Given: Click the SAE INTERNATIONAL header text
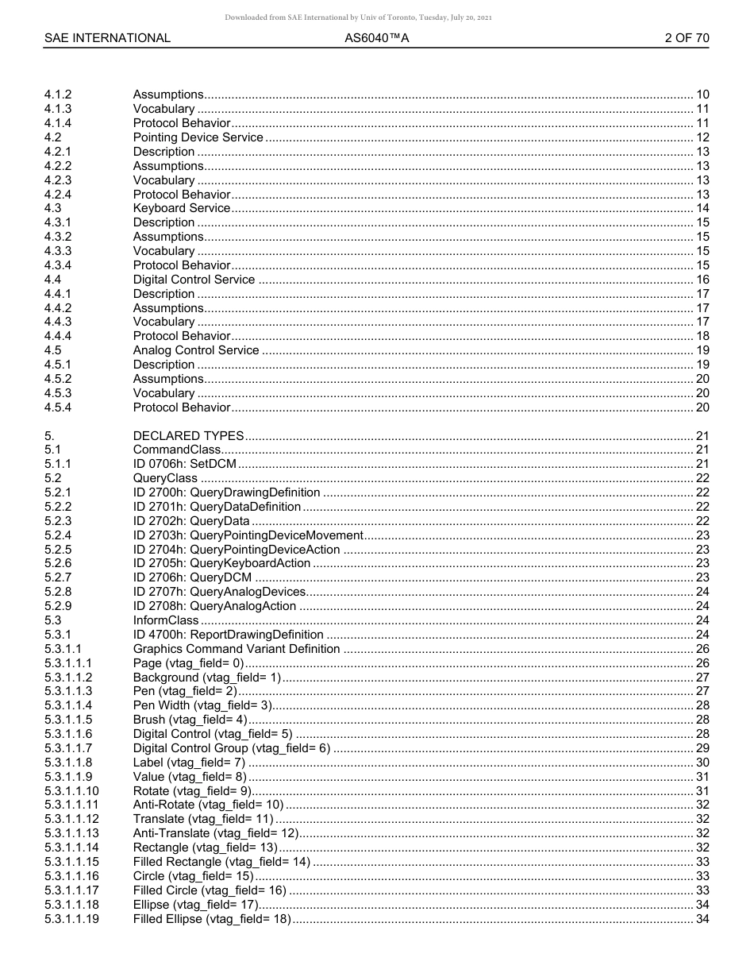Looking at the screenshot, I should coord(107,37).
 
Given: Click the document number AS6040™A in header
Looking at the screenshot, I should coord(377,37).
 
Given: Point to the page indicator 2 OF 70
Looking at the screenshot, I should coord(687,37).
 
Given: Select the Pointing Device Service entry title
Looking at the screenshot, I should coord(198,137).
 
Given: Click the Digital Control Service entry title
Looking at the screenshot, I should coord(194,280).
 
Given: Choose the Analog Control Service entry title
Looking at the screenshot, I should coord(196,350).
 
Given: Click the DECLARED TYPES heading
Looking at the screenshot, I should coord(188,436).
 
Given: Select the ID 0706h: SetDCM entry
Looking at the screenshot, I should coord(184,464).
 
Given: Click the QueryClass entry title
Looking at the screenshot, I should coord(165,478).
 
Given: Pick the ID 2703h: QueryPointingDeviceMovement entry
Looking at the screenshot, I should coord(248,535).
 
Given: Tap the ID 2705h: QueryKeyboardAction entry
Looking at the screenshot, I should coord(221,563).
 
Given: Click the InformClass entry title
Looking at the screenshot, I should coord(166,620).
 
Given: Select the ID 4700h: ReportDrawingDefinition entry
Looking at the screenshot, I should coord(228,635).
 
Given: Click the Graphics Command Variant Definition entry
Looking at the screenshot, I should coord(237,649).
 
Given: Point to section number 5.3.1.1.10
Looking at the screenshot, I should coord(71,791).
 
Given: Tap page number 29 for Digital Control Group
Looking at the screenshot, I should coord(702,748).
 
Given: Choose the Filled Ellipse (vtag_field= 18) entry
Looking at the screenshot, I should coord(212,919).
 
